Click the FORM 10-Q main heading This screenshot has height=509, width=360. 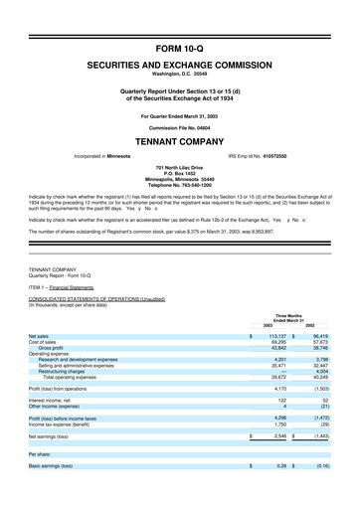[180, 48]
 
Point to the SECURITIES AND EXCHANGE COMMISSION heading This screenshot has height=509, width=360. [180, 63]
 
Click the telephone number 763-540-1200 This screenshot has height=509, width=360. [180, 186]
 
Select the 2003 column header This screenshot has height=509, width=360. [268, 298]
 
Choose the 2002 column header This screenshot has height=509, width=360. [310, 298]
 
